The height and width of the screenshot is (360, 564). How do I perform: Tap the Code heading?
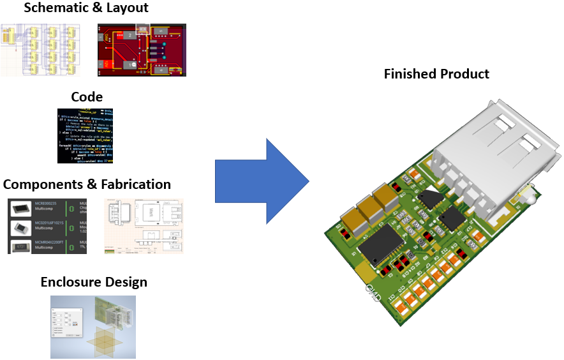[x=87, y=96]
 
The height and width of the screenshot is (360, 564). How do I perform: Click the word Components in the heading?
[x=42, y=184]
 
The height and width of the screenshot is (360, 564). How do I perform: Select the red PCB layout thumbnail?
[x=142, y=50]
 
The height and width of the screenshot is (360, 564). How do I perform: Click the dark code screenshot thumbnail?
[x=87, y=135]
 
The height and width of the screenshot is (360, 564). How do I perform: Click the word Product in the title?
[x=465, y=74]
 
